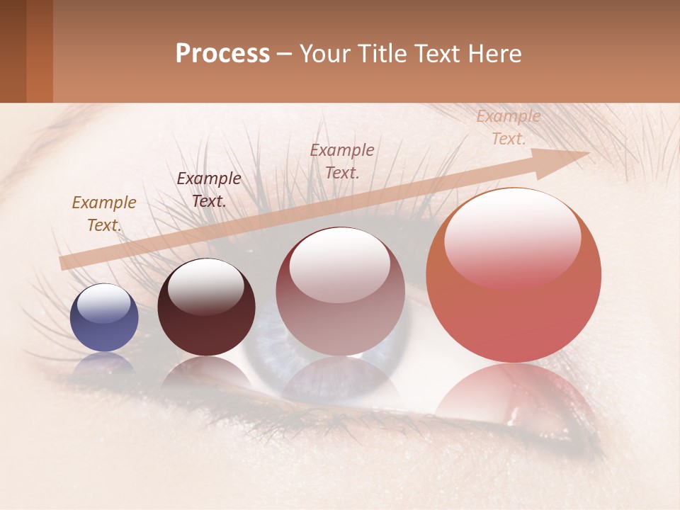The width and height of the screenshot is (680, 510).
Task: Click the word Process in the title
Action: [222, 54]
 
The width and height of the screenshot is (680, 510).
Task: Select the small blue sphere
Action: [104, 318]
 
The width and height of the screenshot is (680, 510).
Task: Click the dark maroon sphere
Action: [206, 307]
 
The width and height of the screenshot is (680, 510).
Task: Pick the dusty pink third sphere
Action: [339, 292]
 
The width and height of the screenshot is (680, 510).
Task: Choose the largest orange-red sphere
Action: [514, 276]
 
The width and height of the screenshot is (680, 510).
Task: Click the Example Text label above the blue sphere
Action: [104, 214]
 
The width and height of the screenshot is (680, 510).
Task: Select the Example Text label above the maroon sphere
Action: [209, 190]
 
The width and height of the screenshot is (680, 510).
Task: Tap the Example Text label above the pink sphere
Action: [342, 161]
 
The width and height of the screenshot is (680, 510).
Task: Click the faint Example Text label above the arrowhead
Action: [508, 128]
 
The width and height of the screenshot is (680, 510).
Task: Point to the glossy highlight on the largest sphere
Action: [512, 238]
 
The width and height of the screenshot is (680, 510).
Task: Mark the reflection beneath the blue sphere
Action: [104, 363]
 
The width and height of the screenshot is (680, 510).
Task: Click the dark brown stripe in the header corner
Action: [13, 51]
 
